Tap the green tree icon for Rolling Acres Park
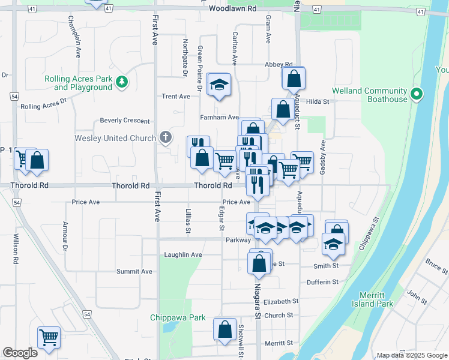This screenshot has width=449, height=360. [x=122, y=81]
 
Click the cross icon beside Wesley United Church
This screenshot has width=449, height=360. [x=166, y=138]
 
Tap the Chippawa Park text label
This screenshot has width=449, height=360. [x=178, y=317]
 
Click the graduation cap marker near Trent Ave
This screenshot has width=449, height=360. [x=219, y=85]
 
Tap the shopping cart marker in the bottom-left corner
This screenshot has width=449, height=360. [x=49, y=337]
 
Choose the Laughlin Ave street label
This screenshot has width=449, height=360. [x=183, y=254]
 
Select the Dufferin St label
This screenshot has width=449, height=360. [x=322, y=282]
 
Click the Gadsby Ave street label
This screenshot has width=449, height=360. [x=323, y=158]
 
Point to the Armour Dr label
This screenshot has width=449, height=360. [x=65, y=236]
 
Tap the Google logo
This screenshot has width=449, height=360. [x=20, y=353]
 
